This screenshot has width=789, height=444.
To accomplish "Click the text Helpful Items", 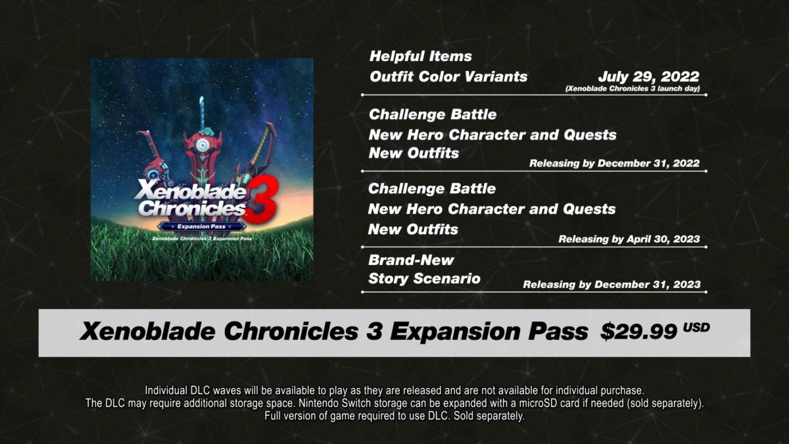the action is click(x=421, y=57).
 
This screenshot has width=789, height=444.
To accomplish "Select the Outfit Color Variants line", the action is click(x=448, y=77).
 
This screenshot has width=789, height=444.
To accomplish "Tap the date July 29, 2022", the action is click(x=648, y=76).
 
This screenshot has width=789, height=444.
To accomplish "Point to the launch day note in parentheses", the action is click(x=633, y=88).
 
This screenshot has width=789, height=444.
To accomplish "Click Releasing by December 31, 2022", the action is click(x=614, y=163).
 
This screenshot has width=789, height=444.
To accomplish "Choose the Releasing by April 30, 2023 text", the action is click(x=629, y=239).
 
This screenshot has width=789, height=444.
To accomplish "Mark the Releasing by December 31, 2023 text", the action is click(x=612, y=284).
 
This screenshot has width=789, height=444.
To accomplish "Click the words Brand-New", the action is click(x=411, y=260).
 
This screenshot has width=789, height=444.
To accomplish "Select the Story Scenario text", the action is click(x=425, y=279).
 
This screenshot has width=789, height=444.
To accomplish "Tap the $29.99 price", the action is click(x=638, y=332).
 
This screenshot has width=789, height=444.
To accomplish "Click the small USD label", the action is click(x=696, y=328).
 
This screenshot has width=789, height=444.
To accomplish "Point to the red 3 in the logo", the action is click(x=262, y=201).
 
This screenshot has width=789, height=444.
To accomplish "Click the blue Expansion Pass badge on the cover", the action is click(x=201, y=226).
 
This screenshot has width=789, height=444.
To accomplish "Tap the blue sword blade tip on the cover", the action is click(x=201, y=97).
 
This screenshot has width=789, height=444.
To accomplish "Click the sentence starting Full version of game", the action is click(x=394, y=416).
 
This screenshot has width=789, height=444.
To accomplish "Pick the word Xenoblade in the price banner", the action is click(x=147, y=332).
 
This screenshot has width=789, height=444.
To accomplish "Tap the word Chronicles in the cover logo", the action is click(x=192, y=209).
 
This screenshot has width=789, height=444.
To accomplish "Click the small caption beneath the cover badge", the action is click(x=202, y=239).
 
